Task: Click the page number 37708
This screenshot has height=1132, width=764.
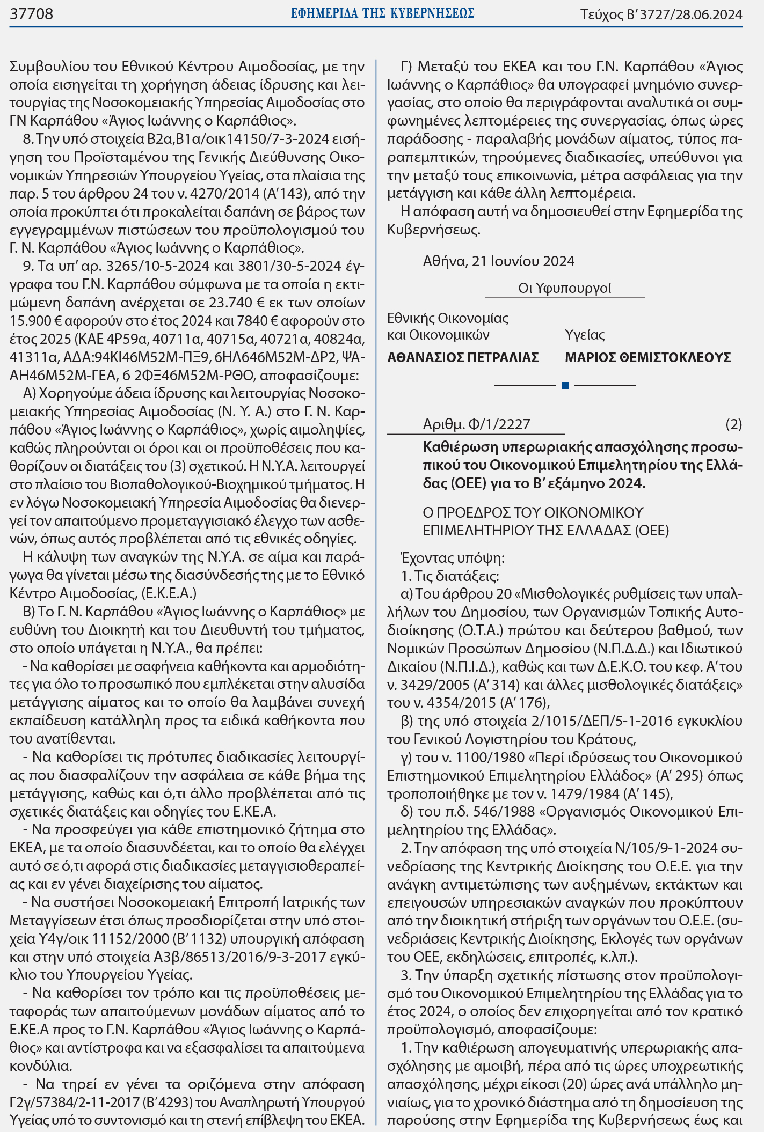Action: (32, 14)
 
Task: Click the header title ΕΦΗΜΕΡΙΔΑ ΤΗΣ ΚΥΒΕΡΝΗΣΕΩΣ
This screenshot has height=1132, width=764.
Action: (382, 14)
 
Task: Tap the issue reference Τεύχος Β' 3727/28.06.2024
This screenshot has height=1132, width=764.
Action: (661, 14)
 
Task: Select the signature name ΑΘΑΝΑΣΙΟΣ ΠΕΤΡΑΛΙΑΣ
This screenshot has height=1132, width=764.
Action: (463, 358)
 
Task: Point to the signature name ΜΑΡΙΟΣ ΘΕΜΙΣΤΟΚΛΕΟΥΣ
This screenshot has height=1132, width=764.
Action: (647, 358)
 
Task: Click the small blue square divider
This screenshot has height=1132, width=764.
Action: (564, 385)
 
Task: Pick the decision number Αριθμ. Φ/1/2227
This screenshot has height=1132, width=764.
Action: (476, 424)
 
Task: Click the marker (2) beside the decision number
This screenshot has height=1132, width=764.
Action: (733, 424)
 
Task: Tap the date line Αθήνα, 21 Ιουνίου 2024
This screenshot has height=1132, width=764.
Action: (498, 261)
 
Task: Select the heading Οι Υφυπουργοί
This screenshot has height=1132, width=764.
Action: (564, 289)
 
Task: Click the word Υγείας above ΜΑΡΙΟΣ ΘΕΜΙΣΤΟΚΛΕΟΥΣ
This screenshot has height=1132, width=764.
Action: (585, 335)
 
